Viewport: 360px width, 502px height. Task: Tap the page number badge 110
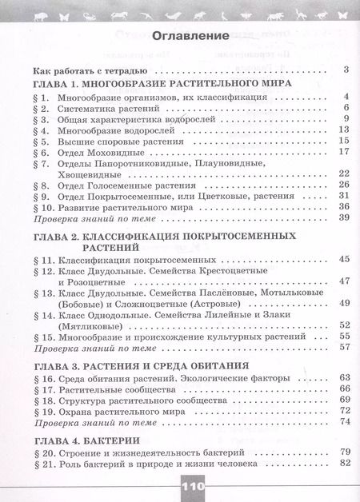point(179,486)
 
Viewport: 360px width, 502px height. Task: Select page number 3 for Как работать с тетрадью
point(345,70)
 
